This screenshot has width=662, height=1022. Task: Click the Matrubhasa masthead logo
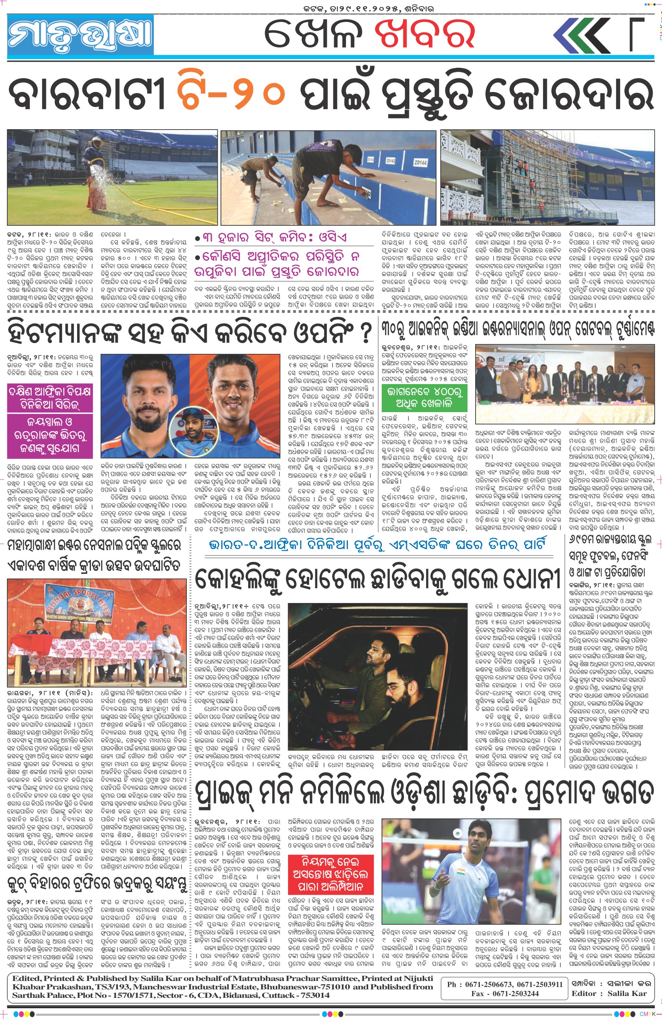(x=80, y=35)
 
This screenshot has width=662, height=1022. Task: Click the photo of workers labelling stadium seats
(x=328, y=177)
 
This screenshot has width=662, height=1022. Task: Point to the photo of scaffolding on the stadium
(x=547, y=177)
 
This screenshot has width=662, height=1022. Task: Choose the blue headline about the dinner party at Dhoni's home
(x=377, y=544)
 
